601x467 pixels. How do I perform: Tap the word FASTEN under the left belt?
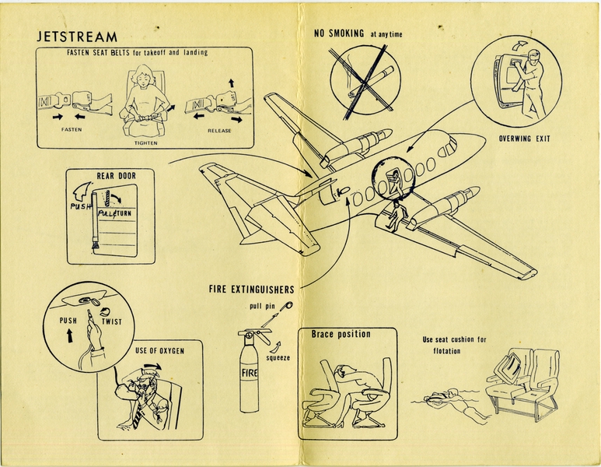[x=71, y=130]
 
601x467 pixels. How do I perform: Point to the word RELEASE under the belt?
[x=219, y=131]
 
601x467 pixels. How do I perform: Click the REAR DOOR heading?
[x=116, y=176]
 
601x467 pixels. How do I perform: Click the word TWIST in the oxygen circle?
[x=112, y=321]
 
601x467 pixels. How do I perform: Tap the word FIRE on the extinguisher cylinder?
[x=249, y=374]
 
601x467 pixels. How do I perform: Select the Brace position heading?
[x=341, y=335]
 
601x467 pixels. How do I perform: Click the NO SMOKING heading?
[x=340, y=33]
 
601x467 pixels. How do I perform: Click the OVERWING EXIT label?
[x=526, y=140]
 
